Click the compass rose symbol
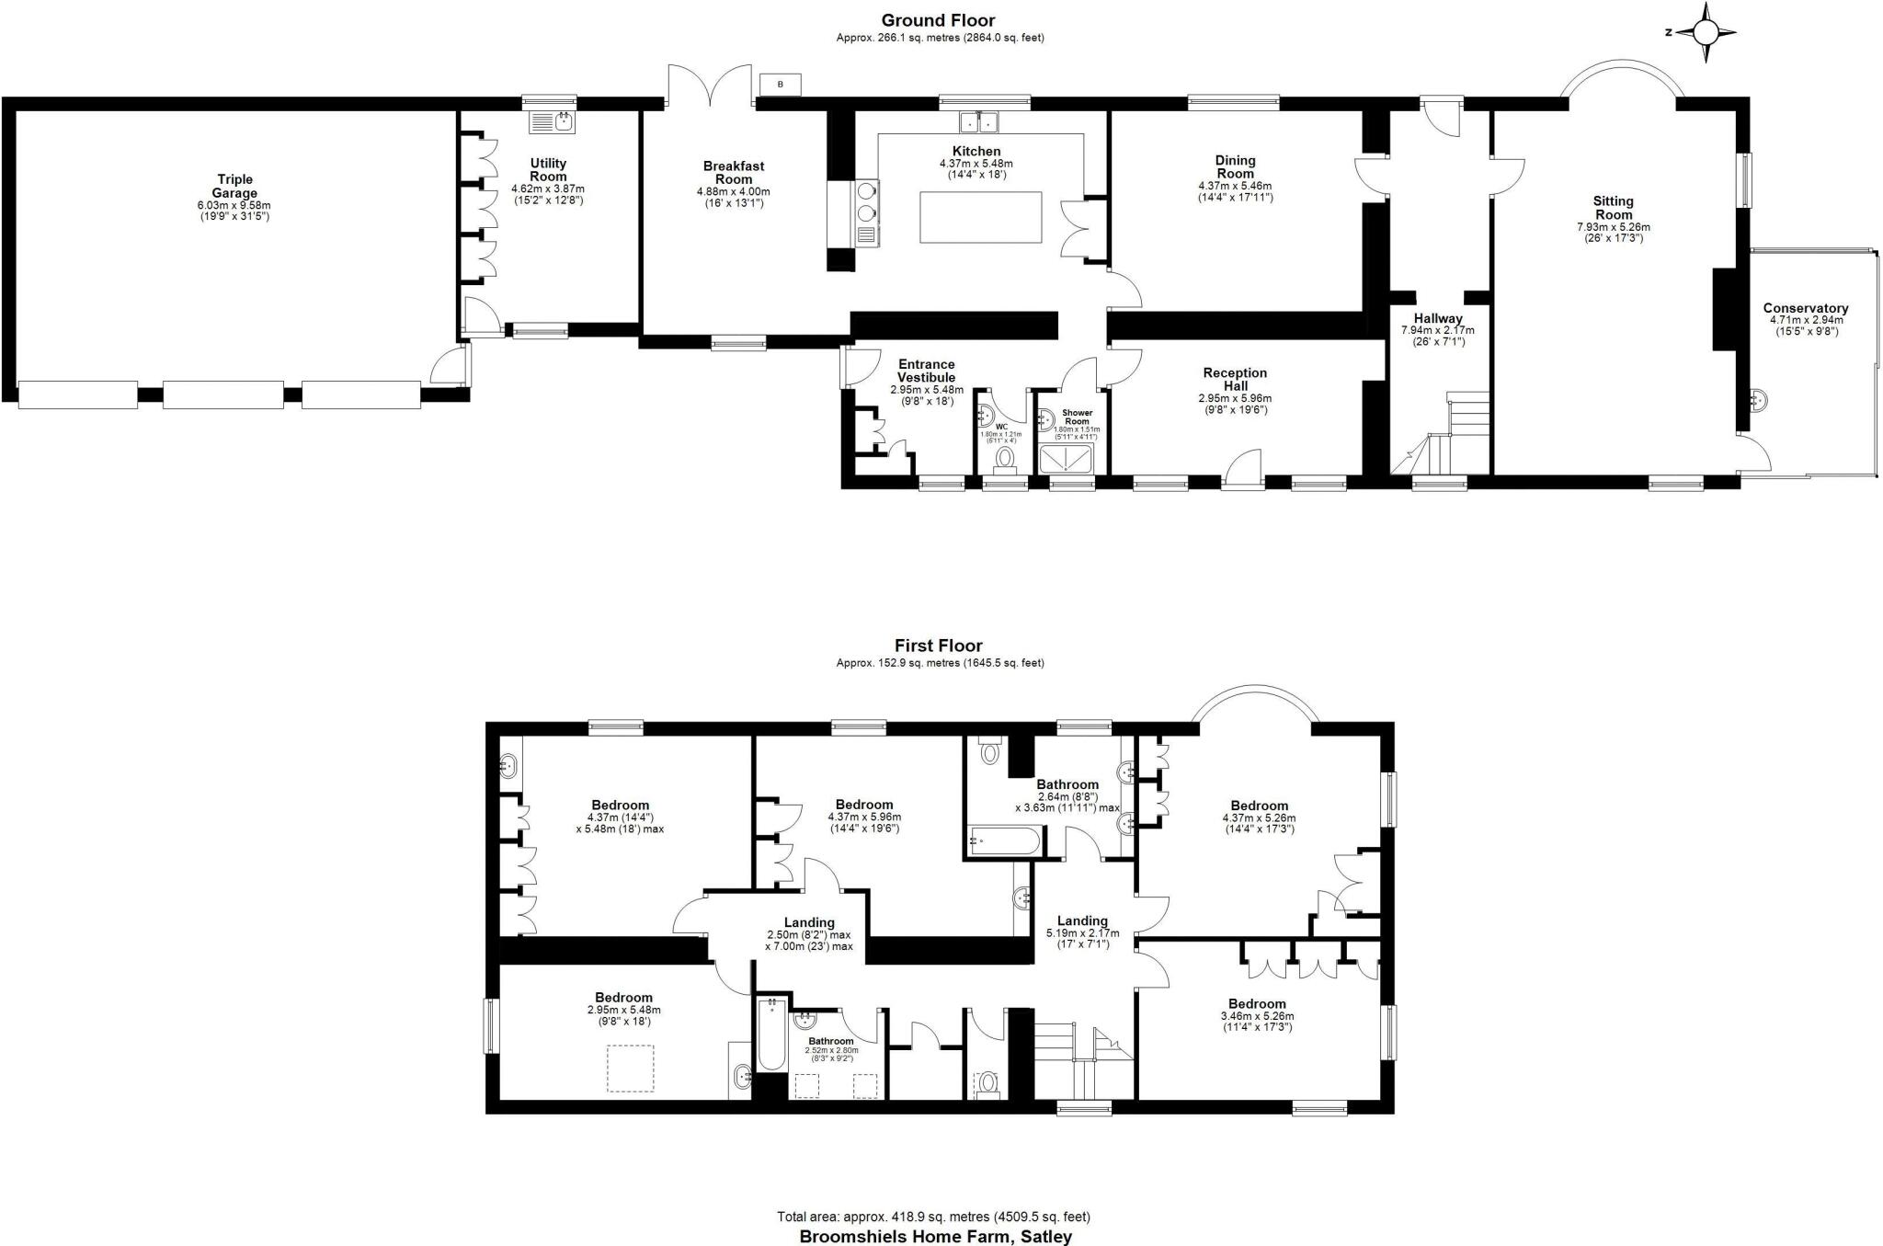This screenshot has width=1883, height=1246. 1706,33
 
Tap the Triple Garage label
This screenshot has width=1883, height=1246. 234,187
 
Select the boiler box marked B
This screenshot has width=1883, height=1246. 781,85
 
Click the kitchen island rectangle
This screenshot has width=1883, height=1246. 980,218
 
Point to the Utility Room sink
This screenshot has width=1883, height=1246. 552,121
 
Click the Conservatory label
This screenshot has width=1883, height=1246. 1805,309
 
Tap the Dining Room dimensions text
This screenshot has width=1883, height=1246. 1235,191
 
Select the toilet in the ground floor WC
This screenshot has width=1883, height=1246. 1004,458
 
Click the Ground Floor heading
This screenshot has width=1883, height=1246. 938,20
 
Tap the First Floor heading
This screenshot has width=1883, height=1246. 938,646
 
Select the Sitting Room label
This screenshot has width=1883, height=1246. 1613,208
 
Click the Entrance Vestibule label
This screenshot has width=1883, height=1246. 926,371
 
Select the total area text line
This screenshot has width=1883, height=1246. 933,1217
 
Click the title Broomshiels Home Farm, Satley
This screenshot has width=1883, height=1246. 935,1237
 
